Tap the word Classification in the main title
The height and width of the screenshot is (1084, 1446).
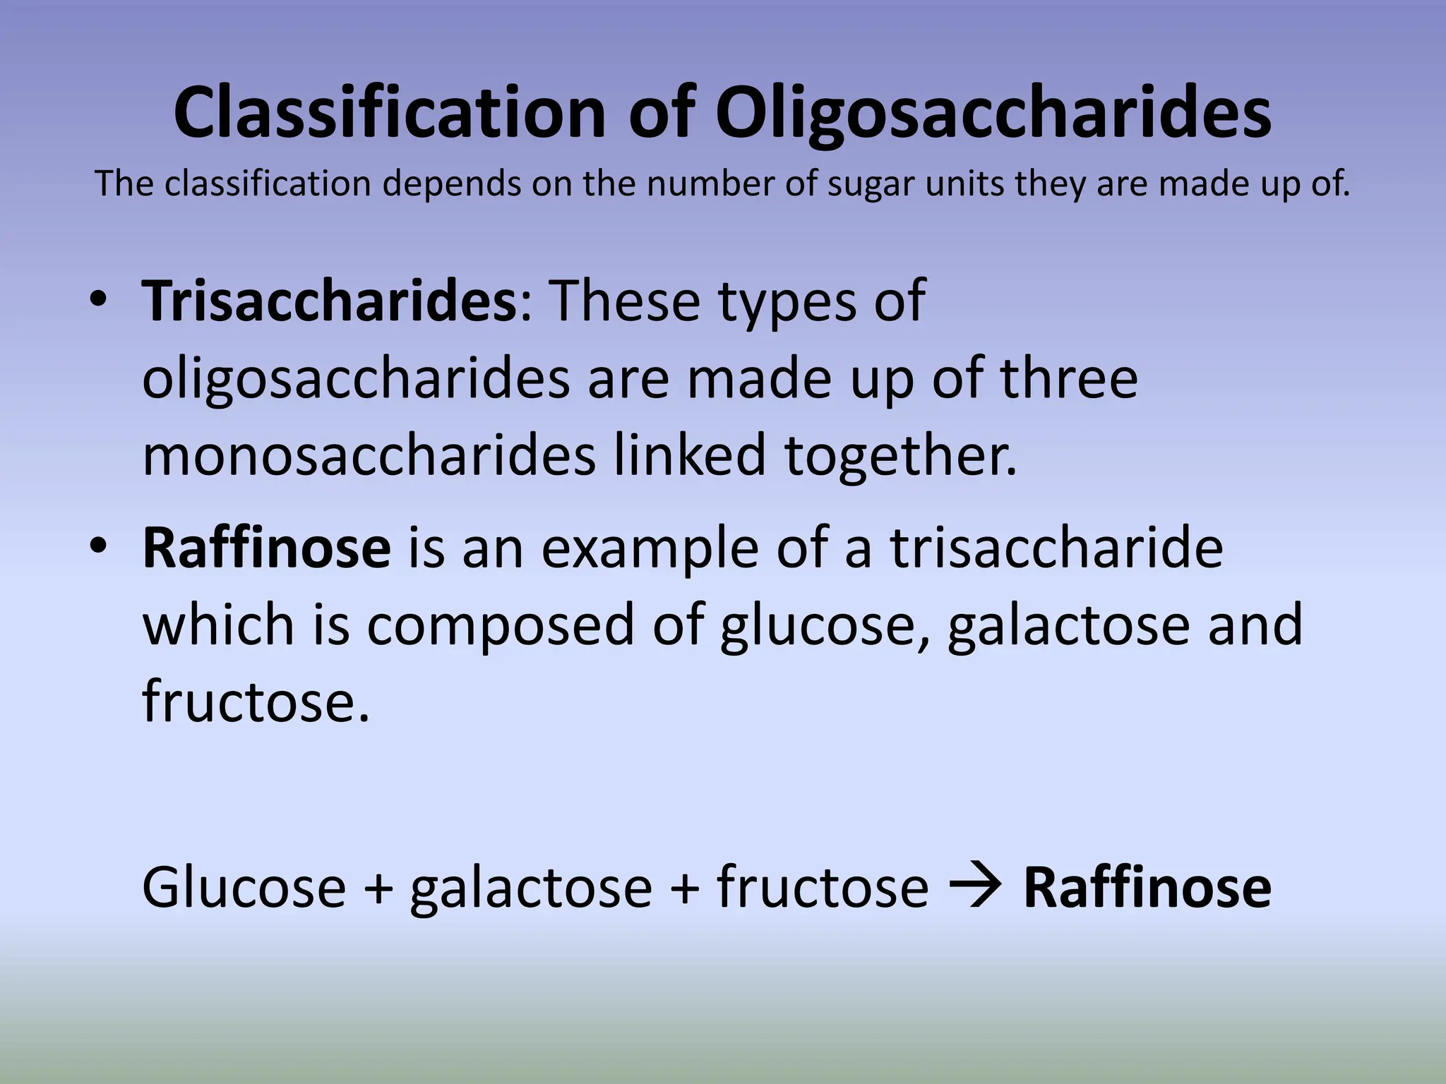389,113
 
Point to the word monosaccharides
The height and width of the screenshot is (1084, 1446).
369,456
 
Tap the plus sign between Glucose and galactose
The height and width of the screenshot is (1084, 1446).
378,888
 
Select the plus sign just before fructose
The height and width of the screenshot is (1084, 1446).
685,888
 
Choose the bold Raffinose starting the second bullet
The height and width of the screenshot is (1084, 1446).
267,548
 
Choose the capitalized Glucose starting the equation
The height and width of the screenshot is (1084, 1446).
244,886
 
